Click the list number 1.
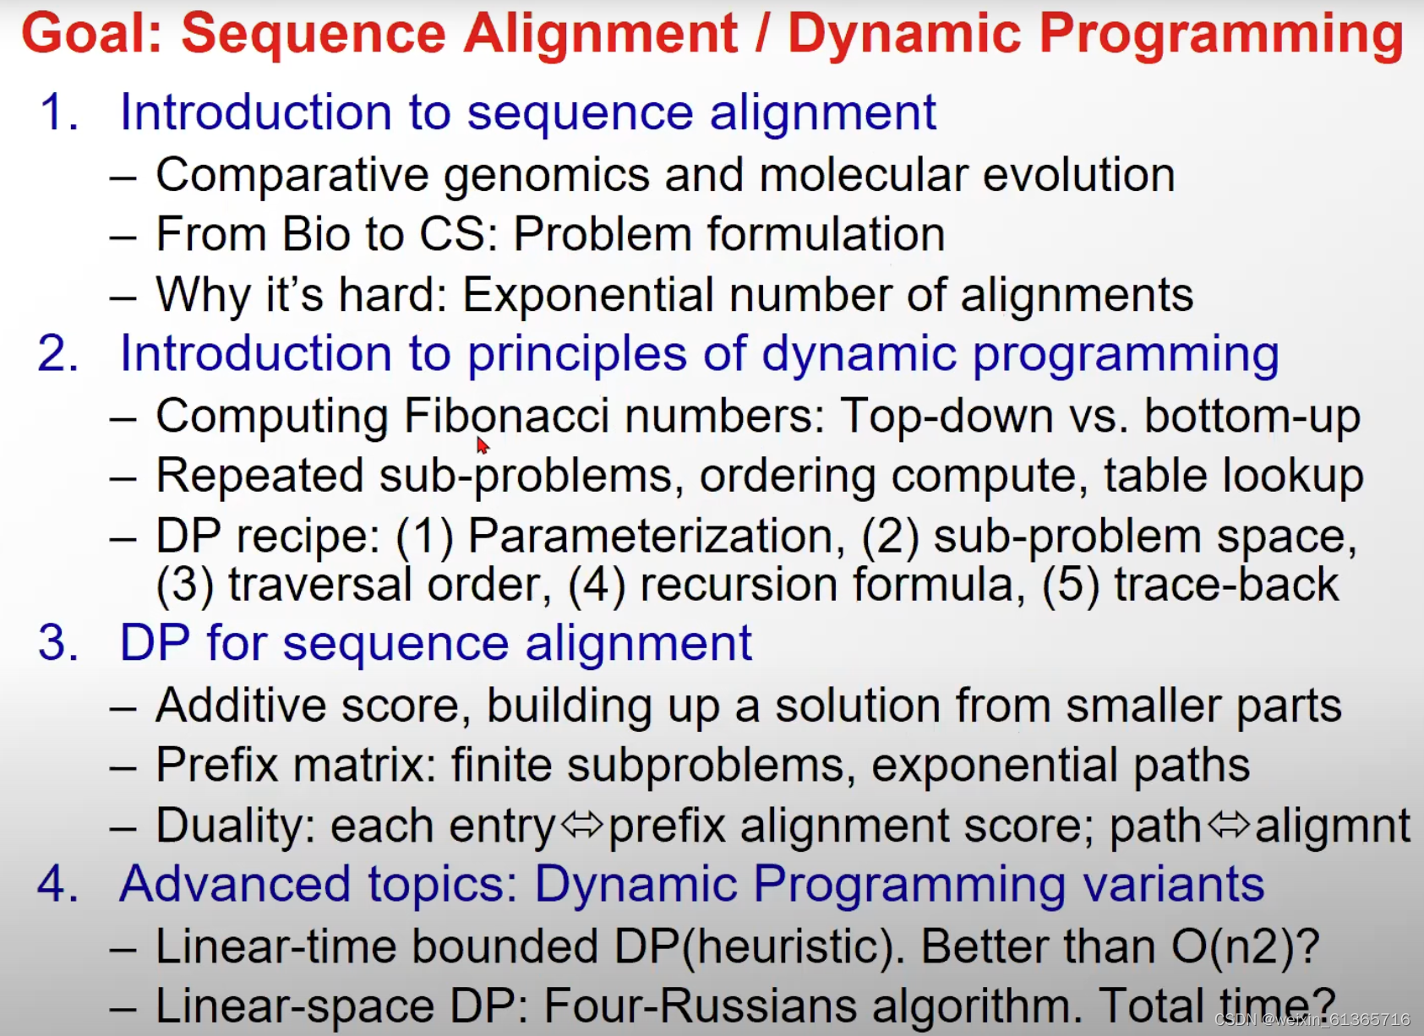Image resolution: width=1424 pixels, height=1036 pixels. pyautogui.click(x=57, y=112)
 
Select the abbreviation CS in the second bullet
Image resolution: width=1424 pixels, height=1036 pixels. pyautogui.click(x=456, y=234)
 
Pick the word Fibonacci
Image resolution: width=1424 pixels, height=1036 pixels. pyautogui.click(x=506, y=416)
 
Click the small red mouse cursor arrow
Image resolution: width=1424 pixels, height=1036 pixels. pyautogui.click(x=482, y=445)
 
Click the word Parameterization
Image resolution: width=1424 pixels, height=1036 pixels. pyautogui.click(x=656, y=536)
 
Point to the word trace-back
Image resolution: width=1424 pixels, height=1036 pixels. pyautogui.click(x=1226, y=584)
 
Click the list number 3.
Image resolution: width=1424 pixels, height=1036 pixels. pyautogui.click(x=57, y=643)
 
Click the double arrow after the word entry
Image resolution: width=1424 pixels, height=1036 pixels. pyautogui.click(x=582, y=824)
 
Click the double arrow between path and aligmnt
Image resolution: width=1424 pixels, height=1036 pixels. pyautogui.click(x=1229, y=824)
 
